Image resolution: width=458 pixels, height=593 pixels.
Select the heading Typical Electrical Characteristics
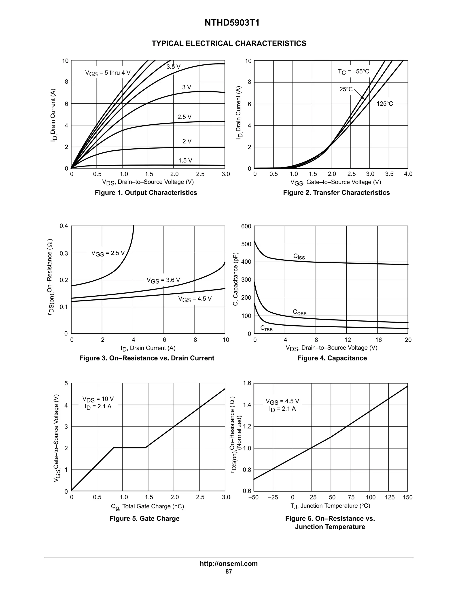pyautogui.click(x=229, y=43)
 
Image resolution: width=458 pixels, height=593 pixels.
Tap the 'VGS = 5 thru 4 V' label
pyautogui.click(x=108, y=73)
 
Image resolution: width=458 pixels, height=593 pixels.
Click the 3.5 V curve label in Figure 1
pyautogui.click(x=173, y=67)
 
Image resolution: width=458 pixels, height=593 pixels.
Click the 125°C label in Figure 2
pyautogui.click(x=384, y=104)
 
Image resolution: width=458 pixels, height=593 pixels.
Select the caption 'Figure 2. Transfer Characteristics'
pyautogui.click(x=336, y=192)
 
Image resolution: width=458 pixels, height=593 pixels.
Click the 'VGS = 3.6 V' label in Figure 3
pyautogui.click(x=163, y=280)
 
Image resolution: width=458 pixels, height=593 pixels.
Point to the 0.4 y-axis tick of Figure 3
pyautogui.click(x=64, y=226)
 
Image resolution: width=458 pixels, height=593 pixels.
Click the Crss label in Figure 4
pyautogui.click(x=266, y=328)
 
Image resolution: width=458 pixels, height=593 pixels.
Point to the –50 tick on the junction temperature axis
pyautogui.click(x=253, y=497)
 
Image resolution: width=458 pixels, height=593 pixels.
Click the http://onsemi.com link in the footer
pyautogui.click(x=229, y=564)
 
